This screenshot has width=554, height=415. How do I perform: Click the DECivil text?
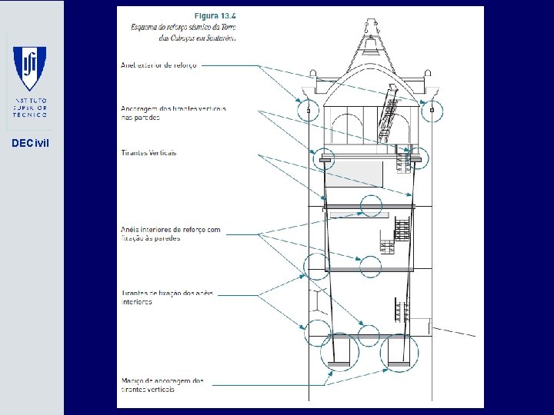(32, 143)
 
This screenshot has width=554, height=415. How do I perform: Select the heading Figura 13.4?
(215, 15)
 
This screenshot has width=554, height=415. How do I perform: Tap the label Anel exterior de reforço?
(159, 65)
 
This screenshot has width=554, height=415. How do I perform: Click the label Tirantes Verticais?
(149, 152)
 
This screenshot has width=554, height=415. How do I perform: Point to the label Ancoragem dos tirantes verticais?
(173, 113)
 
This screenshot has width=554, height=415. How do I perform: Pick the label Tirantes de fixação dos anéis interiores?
(168, 297)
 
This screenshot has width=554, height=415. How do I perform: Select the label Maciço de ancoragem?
(162, 384)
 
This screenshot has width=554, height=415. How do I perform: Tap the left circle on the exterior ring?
(309, 111)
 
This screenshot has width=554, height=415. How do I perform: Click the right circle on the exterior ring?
(432, 111)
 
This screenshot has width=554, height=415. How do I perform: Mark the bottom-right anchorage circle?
(399, 353)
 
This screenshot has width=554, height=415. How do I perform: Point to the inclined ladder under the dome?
(389, 118)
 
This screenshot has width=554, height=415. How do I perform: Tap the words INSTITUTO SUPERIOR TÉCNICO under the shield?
(32, 108)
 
